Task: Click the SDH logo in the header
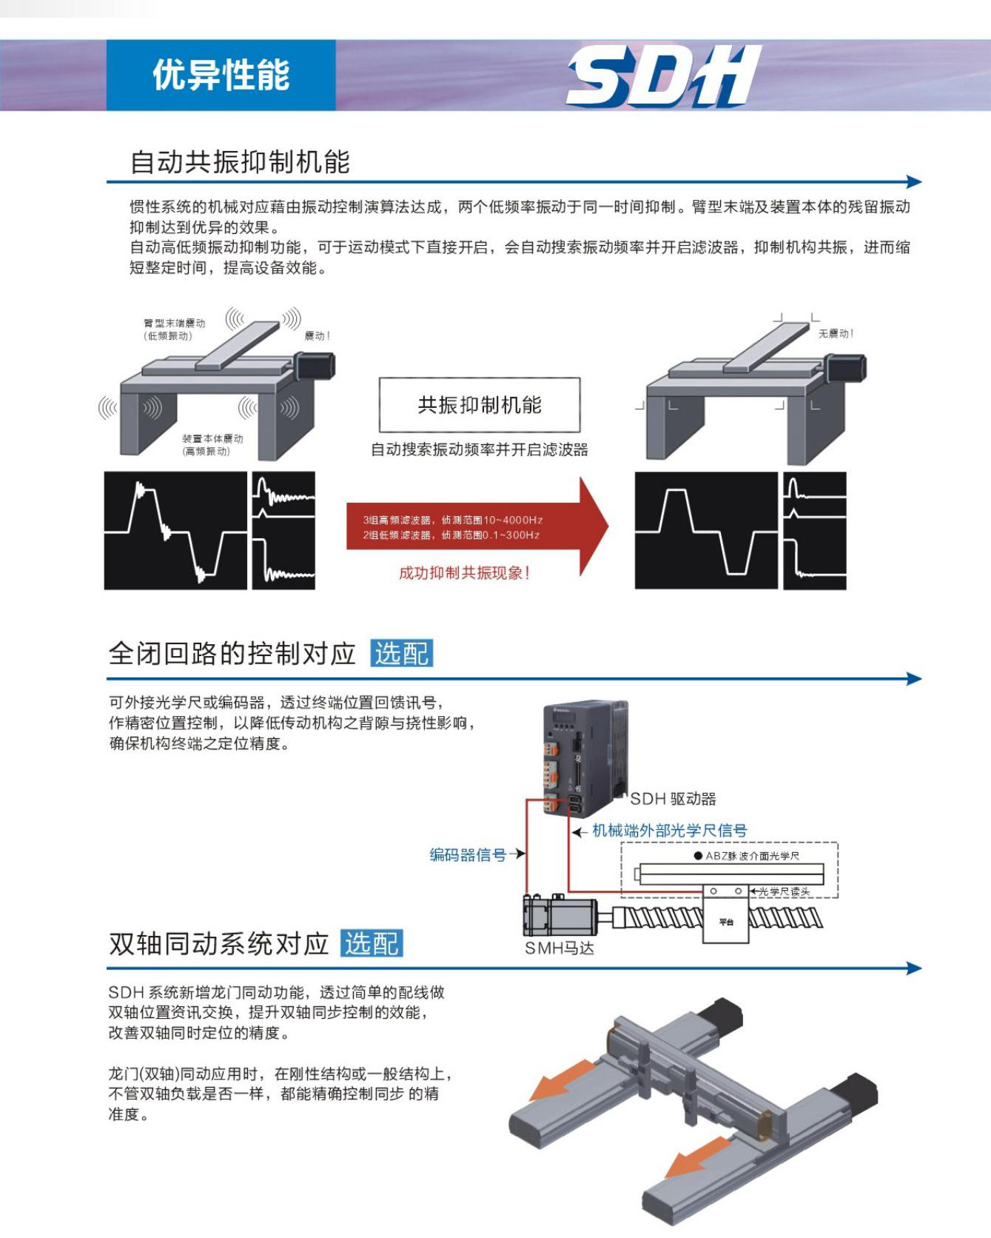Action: (663, 76)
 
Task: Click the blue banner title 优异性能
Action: (221, 76)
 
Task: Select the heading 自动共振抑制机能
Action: (240, 162)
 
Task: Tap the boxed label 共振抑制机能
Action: (480, 405)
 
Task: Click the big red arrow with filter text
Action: (477, 527)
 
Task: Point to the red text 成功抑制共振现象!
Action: (464, 573)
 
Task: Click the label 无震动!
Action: (836, 334)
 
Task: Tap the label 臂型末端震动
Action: (175, 324)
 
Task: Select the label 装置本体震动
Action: (212, 439)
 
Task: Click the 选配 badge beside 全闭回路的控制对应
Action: (401, 654)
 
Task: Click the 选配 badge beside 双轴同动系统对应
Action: (372, 943)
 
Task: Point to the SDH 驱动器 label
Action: (673, 799)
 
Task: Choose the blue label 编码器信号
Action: (468, 855)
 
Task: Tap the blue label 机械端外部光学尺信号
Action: (669, 831)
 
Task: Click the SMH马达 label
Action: (560, 948)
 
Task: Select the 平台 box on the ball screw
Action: (726, 921)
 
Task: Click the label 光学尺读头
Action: (785, 891)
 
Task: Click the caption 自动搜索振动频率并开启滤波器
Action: (480, 449)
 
